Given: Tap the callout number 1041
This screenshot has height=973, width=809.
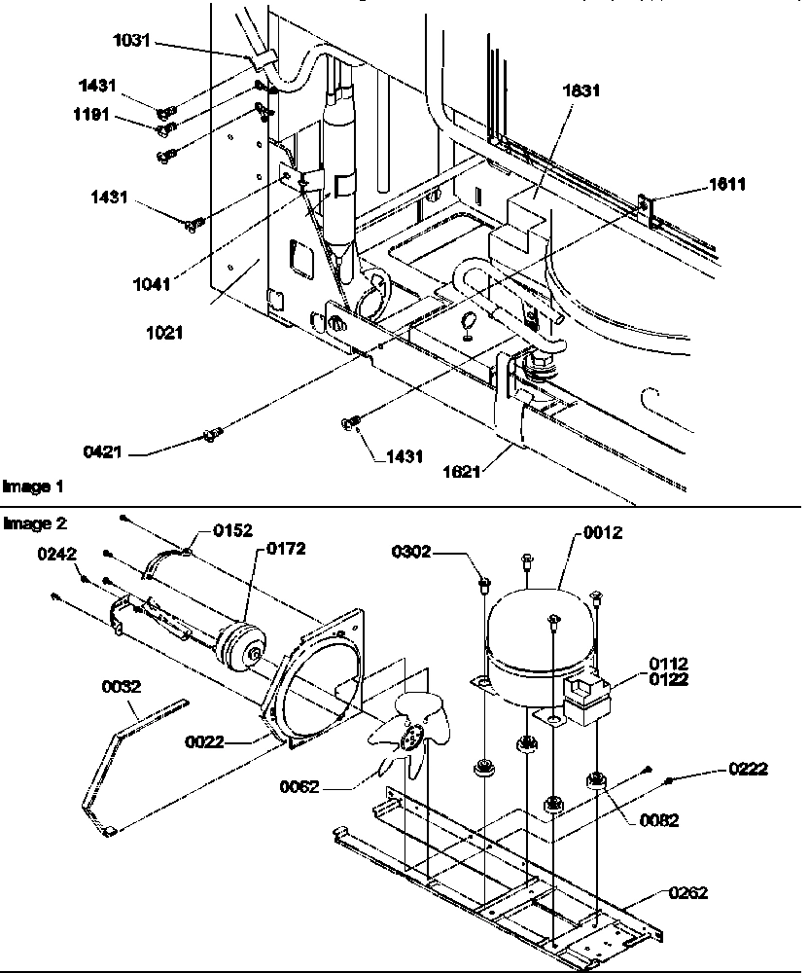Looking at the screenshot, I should click(x=153, y=284).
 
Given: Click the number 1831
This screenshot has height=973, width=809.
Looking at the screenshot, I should click(x=581, y=91).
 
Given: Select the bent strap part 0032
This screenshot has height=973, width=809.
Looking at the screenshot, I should click(x=117, y=749).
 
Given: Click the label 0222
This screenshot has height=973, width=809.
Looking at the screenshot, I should click(x=749, y=770).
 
